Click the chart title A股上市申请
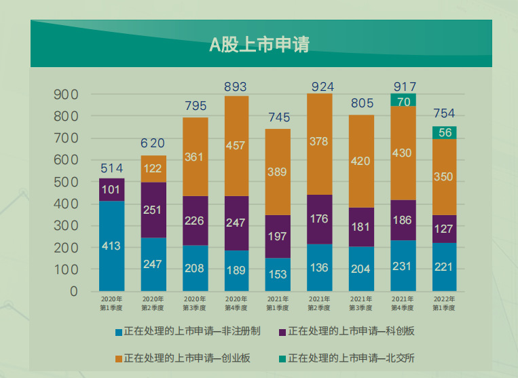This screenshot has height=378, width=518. coord(259,45)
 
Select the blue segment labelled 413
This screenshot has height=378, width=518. coord(111,246)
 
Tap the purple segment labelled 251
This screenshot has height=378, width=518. coord(153,210)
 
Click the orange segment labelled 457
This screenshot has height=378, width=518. coord(236,146)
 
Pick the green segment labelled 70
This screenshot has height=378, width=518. coord(403,101)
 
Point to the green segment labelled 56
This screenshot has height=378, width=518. coord(445,133)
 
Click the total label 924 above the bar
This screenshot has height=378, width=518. coord(320,86)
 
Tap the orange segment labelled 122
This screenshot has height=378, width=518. coord(153,169)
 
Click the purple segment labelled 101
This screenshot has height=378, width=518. coord(111,190)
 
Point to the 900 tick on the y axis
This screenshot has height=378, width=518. coord(66,94)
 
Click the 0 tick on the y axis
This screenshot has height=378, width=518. coord(73,291)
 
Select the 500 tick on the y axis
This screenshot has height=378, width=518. coord(66,182)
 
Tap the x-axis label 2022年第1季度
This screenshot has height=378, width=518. coord(445,303)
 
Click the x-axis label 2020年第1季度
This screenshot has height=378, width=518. coord(111,303)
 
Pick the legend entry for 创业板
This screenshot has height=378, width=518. coord(183,358)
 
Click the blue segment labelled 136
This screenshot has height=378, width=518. coord(320,267)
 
